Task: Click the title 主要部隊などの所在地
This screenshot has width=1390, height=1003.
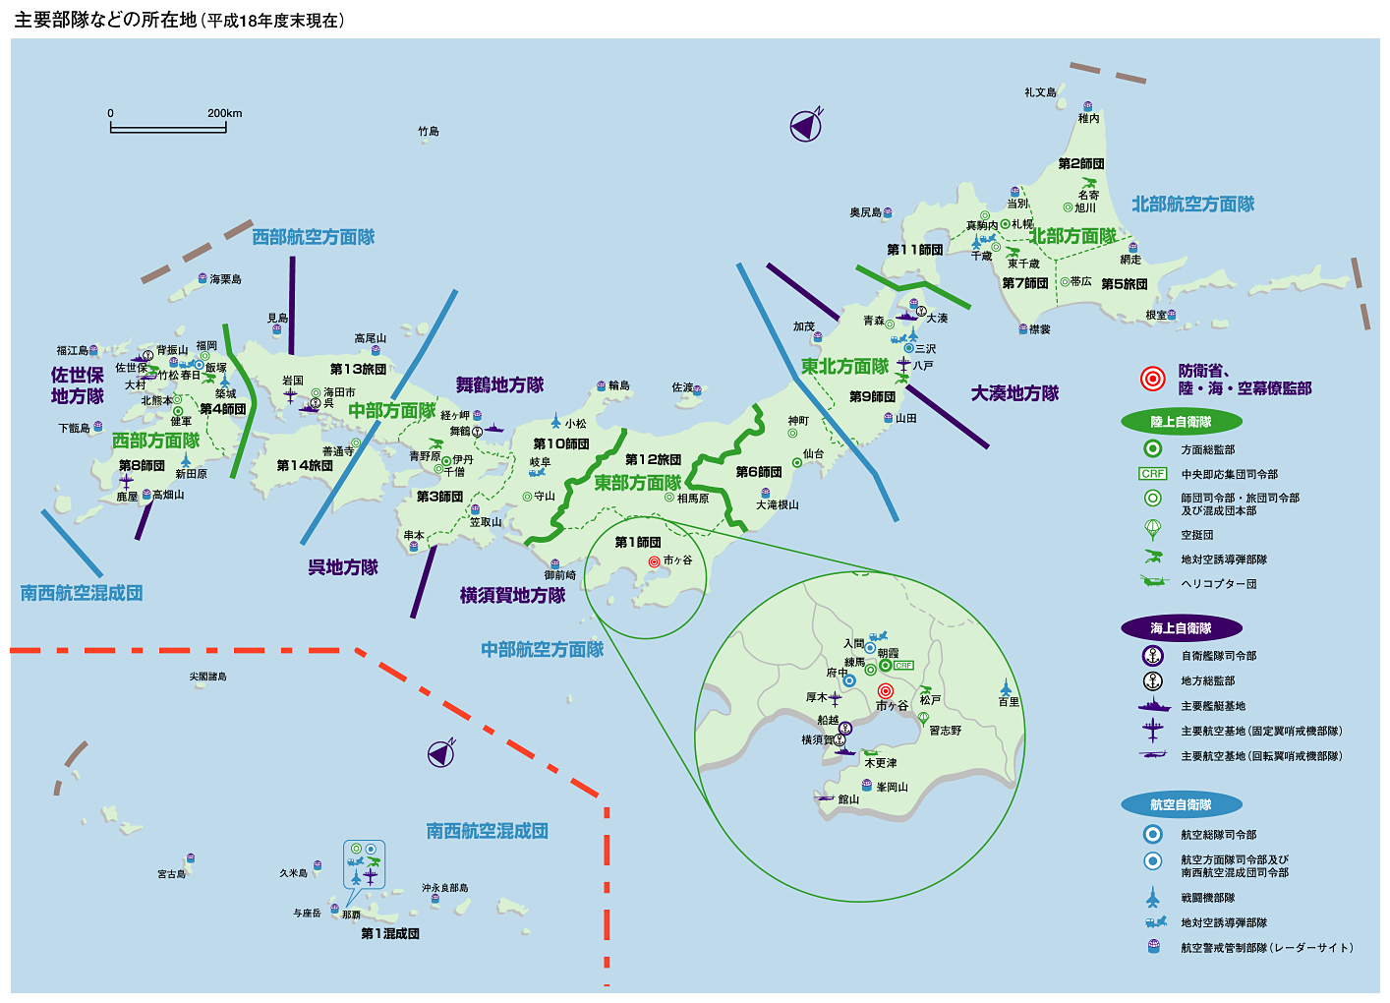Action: (105, 20)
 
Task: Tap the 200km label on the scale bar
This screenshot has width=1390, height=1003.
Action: (224, 113)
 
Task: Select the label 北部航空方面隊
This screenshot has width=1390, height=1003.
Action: (1192, 205)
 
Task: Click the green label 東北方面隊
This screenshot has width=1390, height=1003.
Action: (844, 367)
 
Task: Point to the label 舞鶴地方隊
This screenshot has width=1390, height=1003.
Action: (499, 385)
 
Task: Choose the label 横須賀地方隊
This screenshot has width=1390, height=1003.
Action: (512, 595)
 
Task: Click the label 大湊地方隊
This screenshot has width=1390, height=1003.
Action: (1014, 393)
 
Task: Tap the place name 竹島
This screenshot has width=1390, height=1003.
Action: (429, 131)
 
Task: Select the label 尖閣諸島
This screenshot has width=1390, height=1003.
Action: (208, 677)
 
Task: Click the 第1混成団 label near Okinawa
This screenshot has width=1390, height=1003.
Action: (390, 933)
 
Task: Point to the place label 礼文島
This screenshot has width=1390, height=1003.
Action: (1040, 92)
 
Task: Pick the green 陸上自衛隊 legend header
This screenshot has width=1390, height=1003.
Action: (1181, 422)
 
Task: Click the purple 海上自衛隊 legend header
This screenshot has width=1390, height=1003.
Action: (1181, 628)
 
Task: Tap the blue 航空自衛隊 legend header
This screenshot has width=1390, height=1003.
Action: (1181, 804)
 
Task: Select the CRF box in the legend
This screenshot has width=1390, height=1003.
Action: (1153, 474)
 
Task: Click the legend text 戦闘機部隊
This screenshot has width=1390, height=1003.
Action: (1207, 898)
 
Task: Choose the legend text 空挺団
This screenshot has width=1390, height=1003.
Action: (1197, 535)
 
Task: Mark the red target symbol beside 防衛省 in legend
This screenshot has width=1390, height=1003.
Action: (1152, 379)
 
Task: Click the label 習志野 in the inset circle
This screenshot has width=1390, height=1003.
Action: (945, 731)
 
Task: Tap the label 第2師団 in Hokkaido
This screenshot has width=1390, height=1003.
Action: (1080, 163)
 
